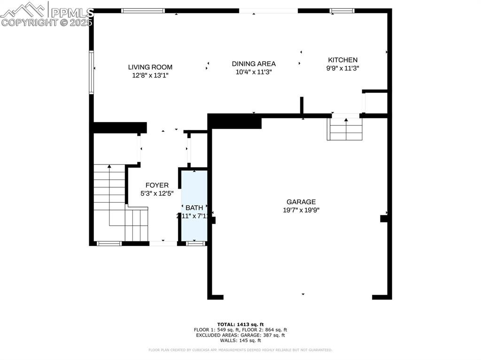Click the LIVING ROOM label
click(150, 67)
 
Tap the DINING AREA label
click(254, 64)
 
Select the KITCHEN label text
click(342, 60)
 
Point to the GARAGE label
click(301, 202)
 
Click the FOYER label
click(157, 185)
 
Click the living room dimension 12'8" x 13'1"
click(150, 75)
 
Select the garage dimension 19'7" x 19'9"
click(301, 211)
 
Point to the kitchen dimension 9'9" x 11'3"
click(342, 68)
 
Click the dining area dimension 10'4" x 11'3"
click(254, 72)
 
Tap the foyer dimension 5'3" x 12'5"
click(157, 193)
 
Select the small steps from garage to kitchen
click(346, 129)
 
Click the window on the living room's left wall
click(92, 73)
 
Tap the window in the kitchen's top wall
click(341, 10)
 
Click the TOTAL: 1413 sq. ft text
click(240, 324)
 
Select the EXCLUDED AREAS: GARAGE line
click(240, 335)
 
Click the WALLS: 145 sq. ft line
click(240, 340)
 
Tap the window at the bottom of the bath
click(195, 243)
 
